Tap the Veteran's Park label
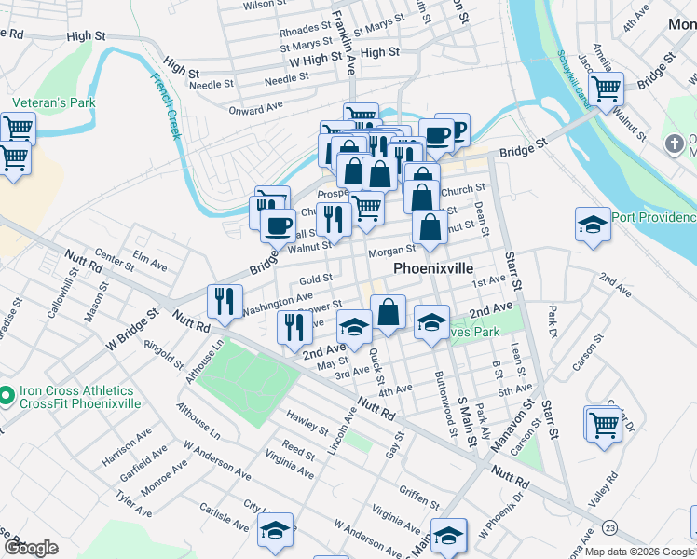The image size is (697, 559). point(41,102)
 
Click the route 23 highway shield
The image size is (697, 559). point(609,527)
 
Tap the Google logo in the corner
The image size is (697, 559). point(31,548)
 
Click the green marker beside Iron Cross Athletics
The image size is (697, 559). point(6,397)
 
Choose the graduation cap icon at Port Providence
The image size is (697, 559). point(593,225)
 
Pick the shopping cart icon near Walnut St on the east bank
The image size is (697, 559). point(606,89)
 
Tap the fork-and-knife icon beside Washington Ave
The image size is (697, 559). point(223,300)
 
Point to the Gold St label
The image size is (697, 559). point(316,279)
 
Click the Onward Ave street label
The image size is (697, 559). point(255,108)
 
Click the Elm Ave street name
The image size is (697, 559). point(149,260)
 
